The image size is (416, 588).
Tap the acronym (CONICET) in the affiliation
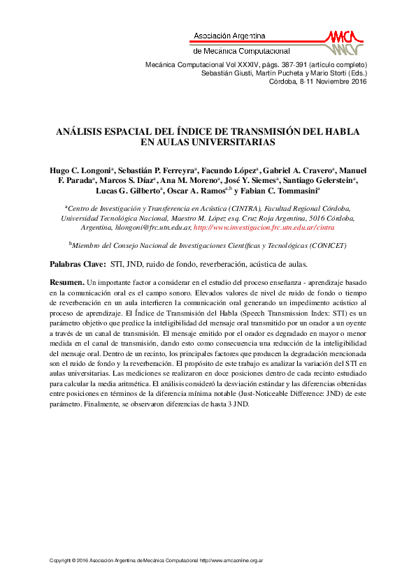pyautogui.click(x=305, y=246)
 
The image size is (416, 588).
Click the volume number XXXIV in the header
pyautogui.click(x=236, y=64)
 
